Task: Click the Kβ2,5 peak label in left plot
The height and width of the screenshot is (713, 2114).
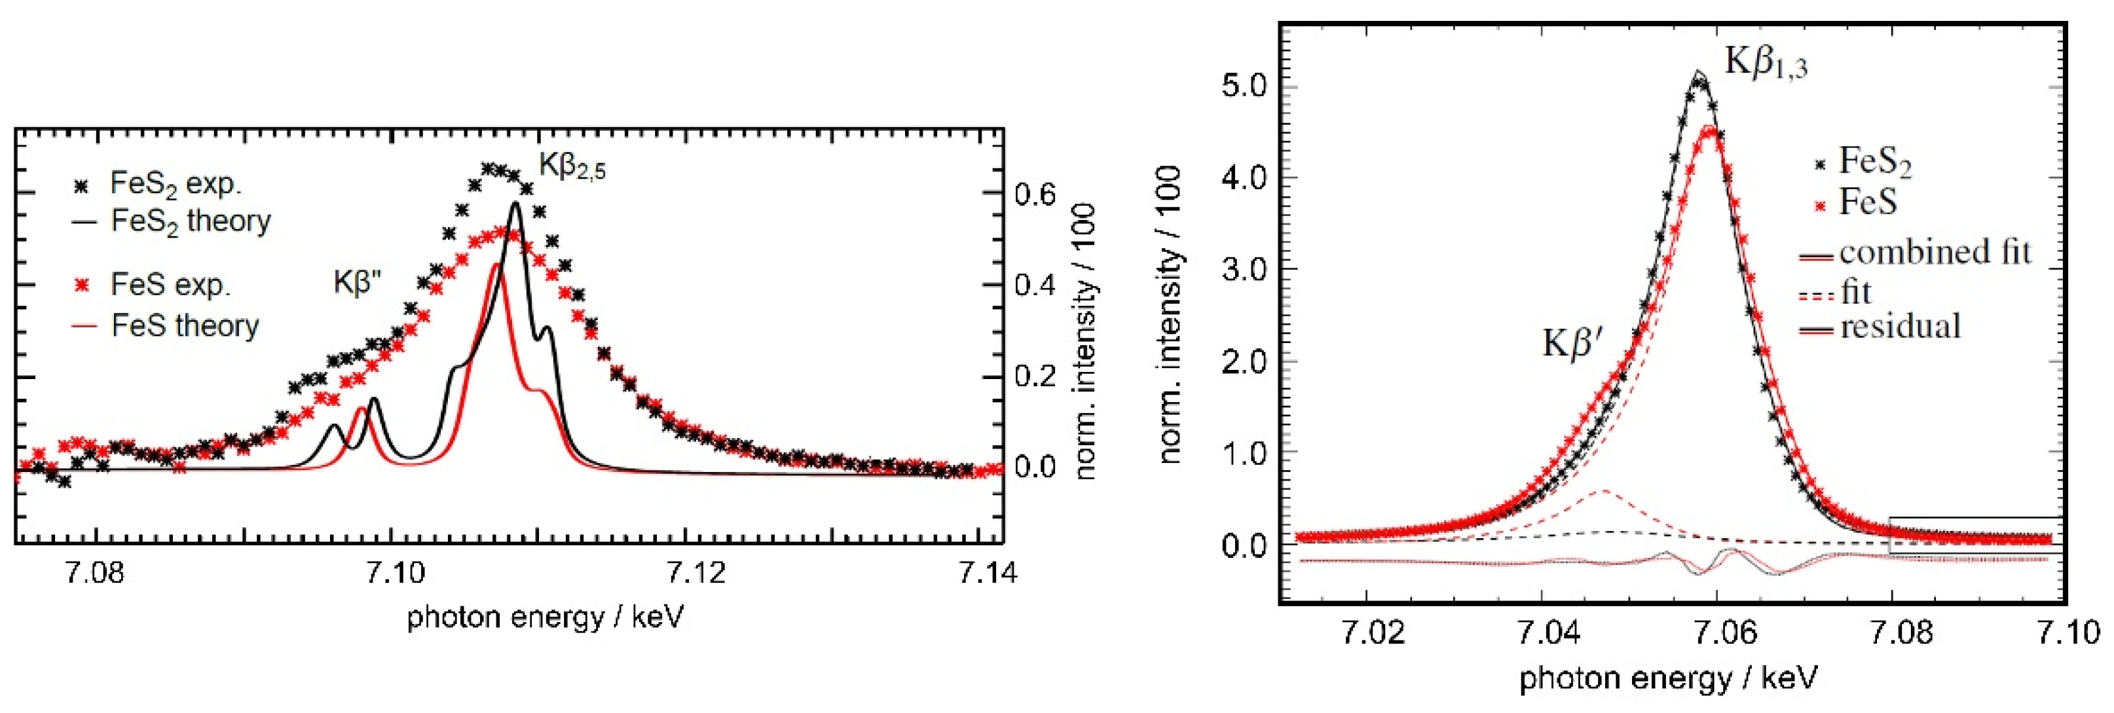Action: coord(572,166)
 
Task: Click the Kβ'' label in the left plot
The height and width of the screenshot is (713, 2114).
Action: coord(357,282)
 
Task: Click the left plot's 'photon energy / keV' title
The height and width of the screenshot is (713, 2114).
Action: coord(545,617)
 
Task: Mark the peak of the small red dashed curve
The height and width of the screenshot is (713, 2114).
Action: coord(1602,490)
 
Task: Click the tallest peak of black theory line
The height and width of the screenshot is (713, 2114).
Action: coord(515,203)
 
